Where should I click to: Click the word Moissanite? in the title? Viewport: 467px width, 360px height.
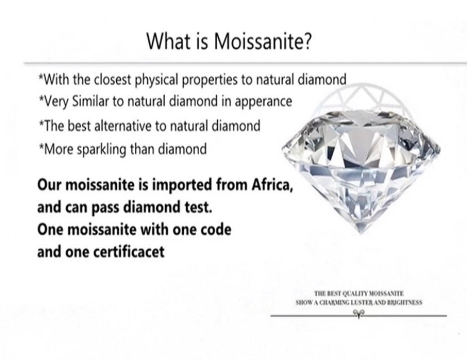(x=263, y=41)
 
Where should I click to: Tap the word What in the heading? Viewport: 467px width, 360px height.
(x=169, y=41)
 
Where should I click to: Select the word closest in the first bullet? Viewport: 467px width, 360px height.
(x=113, y=80)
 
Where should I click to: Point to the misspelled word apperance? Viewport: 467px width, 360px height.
(x=263, y=102)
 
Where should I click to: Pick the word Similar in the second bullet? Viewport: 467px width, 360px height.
(x=91, y=102)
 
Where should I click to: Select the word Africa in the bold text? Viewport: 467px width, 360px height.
(x=272, y=185)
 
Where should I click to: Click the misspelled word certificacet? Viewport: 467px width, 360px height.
(x=129, y=252)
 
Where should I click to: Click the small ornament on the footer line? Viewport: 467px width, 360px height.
(x=359, y=313)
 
